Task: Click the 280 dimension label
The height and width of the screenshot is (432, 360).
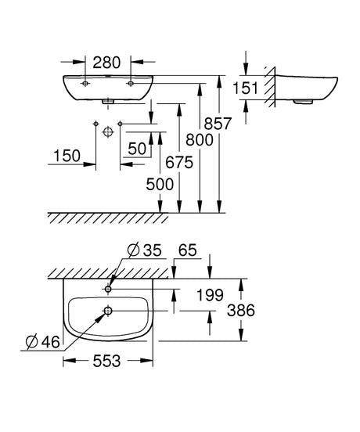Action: pyautogui.click(x=106, y=63)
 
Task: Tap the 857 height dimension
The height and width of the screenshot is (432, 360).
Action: pyautogui.click(x=218, y=124)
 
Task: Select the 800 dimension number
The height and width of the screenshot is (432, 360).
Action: pyautogui.click(x=200, y=139)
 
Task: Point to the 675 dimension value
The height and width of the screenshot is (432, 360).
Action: pyautogui.click(x=179, y=162)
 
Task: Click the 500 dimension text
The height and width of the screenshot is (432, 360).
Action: pyautogui.click(x=160, y=185)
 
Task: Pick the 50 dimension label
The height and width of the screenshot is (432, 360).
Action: pyautogui.click(x=137, y=149)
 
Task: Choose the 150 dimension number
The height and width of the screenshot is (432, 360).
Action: pyautogui.click(x=67, y=156)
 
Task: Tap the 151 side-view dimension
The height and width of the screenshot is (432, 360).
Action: pyautogui.click(x=246, y=88)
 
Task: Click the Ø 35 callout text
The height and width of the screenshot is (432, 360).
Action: pyautogui.click(x=144, y=250)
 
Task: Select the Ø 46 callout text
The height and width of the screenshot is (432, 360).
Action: pyautogui.click(x=42, y=342)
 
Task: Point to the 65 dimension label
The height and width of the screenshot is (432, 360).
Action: pyautogui.click(x=188, y=250)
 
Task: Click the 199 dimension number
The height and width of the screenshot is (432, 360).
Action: pyautogui.click(x=210, y=295)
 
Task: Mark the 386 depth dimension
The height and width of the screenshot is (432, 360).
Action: pyautogui.click(x=241, y=311)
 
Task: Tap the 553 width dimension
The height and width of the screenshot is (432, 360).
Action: pyautogui.click(x=106, y=361)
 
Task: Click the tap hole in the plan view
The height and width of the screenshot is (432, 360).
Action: pyautogui.click(x=108, y=289)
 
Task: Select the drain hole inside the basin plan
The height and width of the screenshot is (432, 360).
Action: pyautogui.click(x=108, y=311)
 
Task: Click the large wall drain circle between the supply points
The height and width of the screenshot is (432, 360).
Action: pyautogui.click(x=108, y=131)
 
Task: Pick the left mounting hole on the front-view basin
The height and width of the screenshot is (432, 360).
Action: pyautogui.click(x=85, y=83)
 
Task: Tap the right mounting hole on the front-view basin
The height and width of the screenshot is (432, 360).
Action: pyautogui.click(x=131, y=83)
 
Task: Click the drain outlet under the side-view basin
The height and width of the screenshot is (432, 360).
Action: pyautogui.click(x=303, y=102)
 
